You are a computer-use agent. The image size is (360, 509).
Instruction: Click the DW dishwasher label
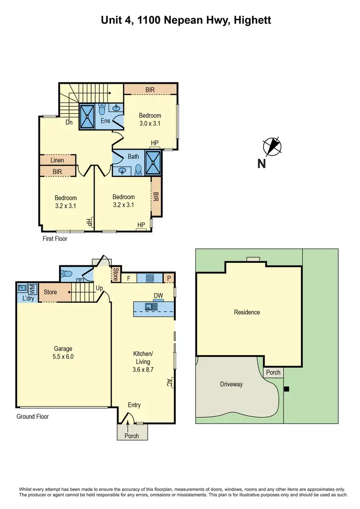158,296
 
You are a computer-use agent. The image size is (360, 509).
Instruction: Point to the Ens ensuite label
106,120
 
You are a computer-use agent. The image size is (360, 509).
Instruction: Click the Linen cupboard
57,160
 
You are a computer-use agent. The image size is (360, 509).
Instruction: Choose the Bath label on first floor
133,157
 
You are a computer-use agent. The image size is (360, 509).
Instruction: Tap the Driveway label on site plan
231,384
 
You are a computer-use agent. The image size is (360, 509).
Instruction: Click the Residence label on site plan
247,312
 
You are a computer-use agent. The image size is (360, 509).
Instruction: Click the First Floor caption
54,238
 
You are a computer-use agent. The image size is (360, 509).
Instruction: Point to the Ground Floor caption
33,416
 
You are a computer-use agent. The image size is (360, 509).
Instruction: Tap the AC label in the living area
169,382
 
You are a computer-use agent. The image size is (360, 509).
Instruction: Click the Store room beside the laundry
50,292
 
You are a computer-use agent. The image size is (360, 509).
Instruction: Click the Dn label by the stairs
69,123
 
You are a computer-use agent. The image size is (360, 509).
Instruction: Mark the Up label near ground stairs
100,288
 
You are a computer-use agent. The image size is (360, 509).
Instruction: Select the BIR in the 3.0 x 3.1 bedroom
150,89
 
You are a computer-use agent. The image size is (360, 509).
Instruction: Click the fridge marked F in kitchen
129,278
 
